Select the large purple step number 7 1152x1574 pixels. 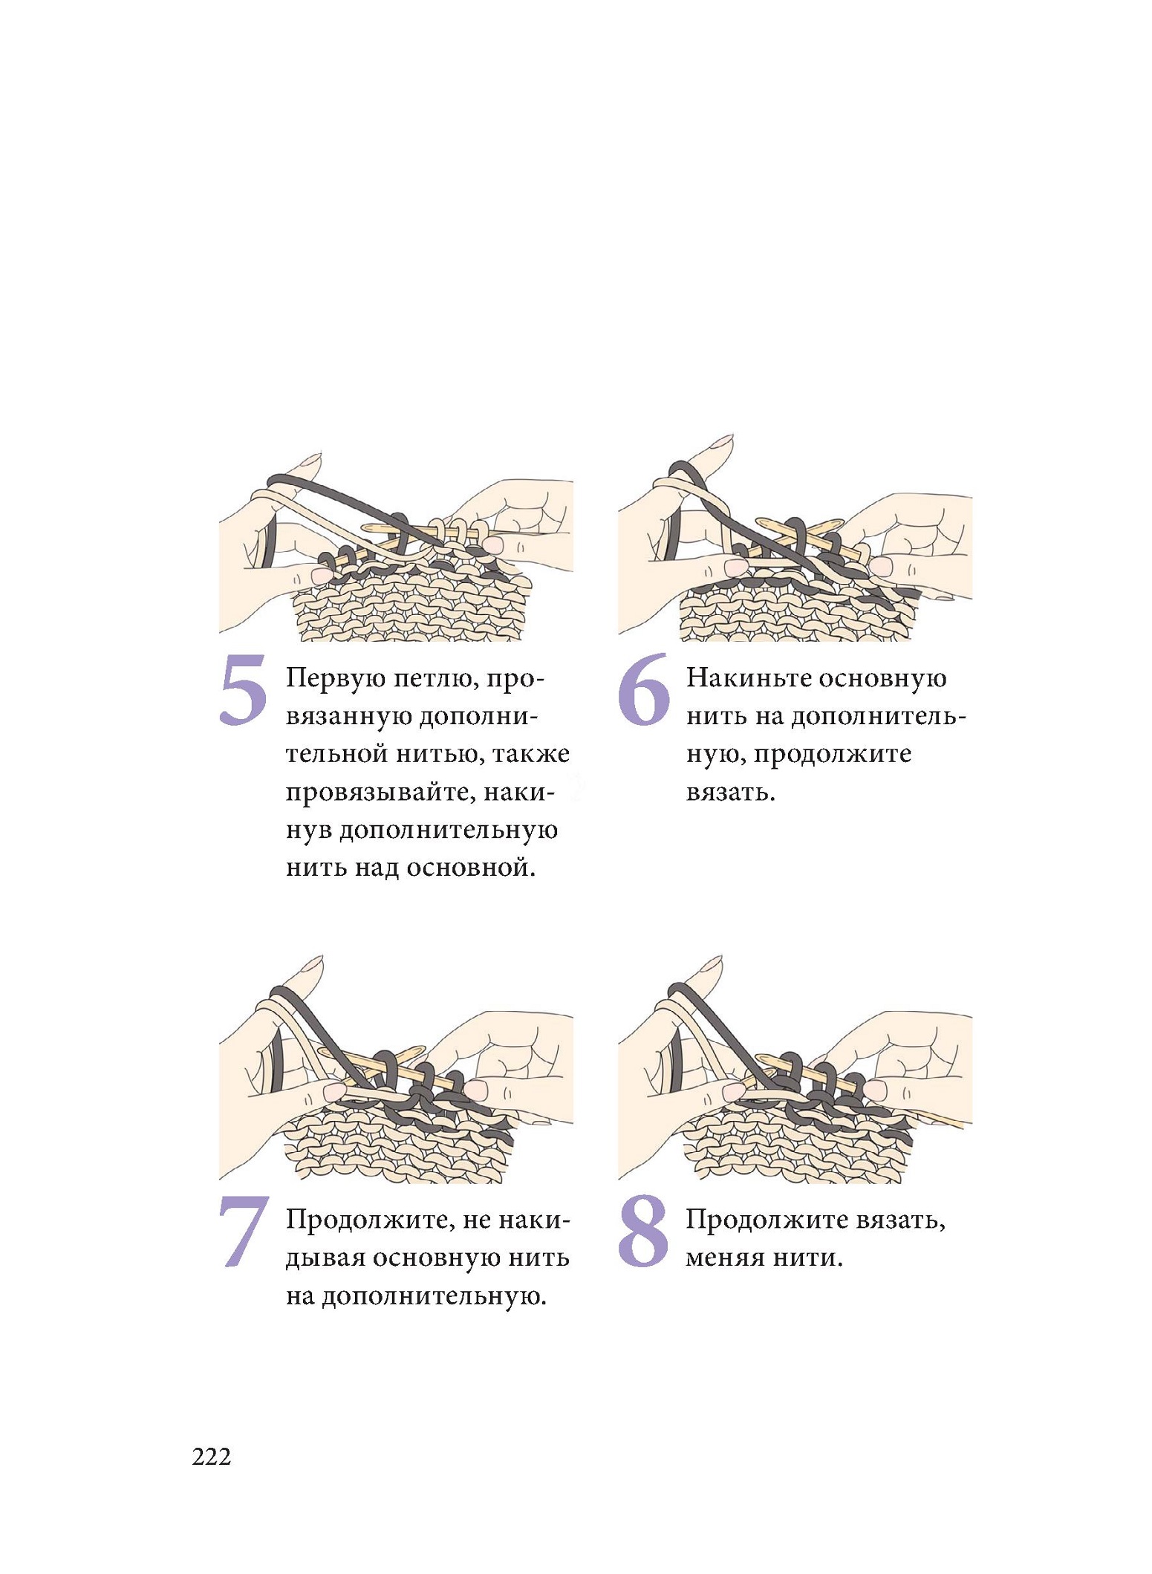[x=243, y=1232]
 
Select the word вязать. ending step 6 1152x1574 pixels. [x=731, y=793]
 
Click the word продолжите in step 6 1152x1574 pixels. [x=833, y=755]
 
